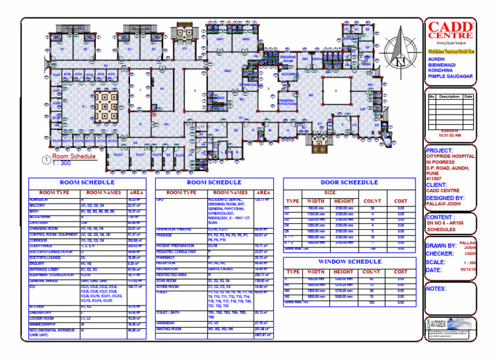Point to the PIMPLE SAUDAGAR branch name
[450, 76]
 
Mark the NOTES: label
[438, 289]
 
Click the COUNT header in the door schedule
[372, 201]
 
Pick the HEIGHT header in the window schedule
[344, 272]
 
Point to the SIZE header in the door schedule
[330, 192]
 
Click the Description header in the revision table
[449, 96]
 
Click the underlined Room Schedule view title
[74, 157]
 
